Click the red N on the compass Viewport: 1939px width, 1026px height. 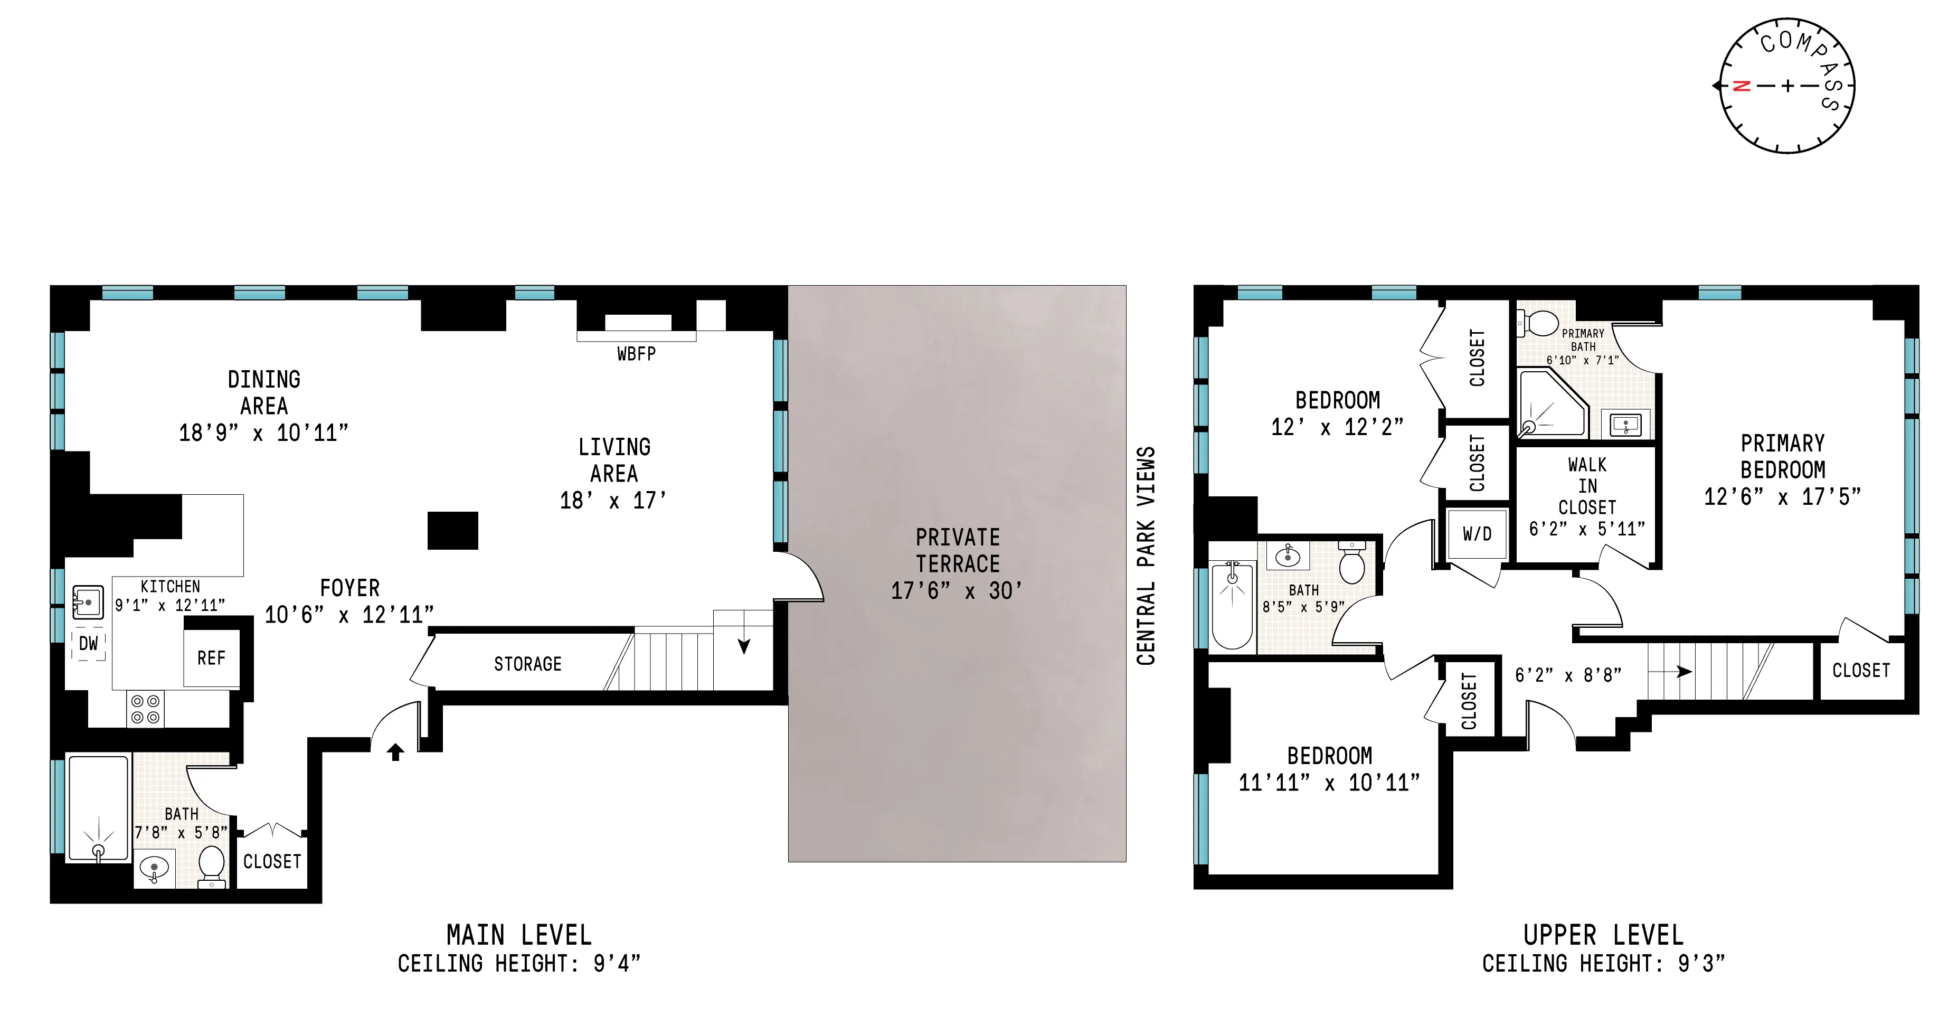click(x=1741, y=86)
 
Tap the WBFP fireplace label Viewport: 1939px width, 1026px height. click(x=636, y=354)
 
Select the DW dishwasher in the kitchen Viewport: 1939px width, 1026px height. click(x=89, y=644)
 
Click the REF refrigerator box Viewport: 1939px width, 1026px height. click(x=212, y=658)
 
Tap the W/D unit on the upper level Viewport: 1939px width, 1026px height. click(x=1477, y=534)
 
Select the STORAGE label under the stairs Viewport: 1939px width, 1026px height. click(x=528, y=664)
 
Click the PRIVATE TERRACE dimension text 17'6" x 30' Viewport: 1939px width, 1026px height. click(x=957, y=591)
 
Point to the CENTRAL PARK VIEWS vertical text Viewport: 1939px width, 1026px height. click(x=1146, y=556)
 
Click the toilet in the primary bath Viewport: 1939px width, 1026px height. click(x=1540, y=324)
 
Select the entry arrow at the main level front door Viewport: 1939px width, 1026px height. click(x=395, y=751)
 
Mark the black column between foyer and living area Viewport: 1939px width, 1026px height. click(x=452, y=531)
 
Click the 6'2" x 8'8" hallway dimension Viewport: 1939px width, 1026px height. click(x=1568, y=675)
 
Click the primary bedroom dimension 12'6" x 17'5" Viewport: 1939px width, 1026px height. click(x=1782, y=497)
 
